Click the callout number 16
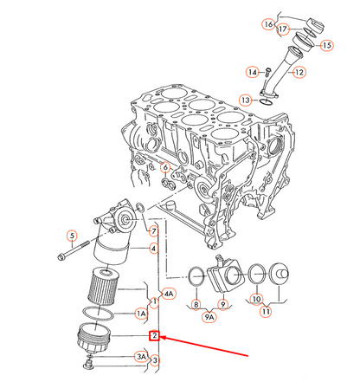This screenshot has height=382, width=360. tap(268, 24)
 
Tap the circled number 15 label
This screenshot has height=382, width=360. tap(326, 45)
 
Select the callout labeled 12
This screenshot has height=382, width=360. tap(299, 72)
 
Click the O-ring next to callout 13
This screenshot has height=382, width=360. tap(267, 102)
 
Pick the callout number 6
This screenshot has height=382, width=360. tap(165, 167)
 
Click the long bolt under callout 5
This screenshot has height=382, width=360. tap(75, 250)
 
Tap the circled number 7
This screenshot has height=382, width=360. tap(154, 231)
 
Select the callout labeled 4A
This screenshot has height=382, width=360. tap(169, 294)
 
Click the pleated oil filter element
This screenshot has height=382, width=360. tap(103, 287)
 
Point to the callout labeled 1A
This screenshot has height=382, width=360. tap(141, 314)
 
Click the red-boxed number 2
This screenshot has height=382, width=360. tap(155, 335)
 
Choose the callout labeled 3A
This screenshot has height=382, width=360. tap(141, 357)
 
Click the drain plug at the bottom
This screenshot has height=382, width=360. tap(88, 365)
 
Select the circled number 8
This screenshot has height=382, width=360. tap(196, 304)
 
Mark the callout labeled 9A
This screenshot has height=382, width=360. tap(209, 317)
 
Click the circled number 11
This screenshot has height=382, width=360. tap(266, 312)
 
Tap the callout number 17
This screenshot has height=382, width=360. tap(283, 29)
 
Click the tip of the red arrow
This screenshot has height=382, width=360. tap(160, 337)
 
